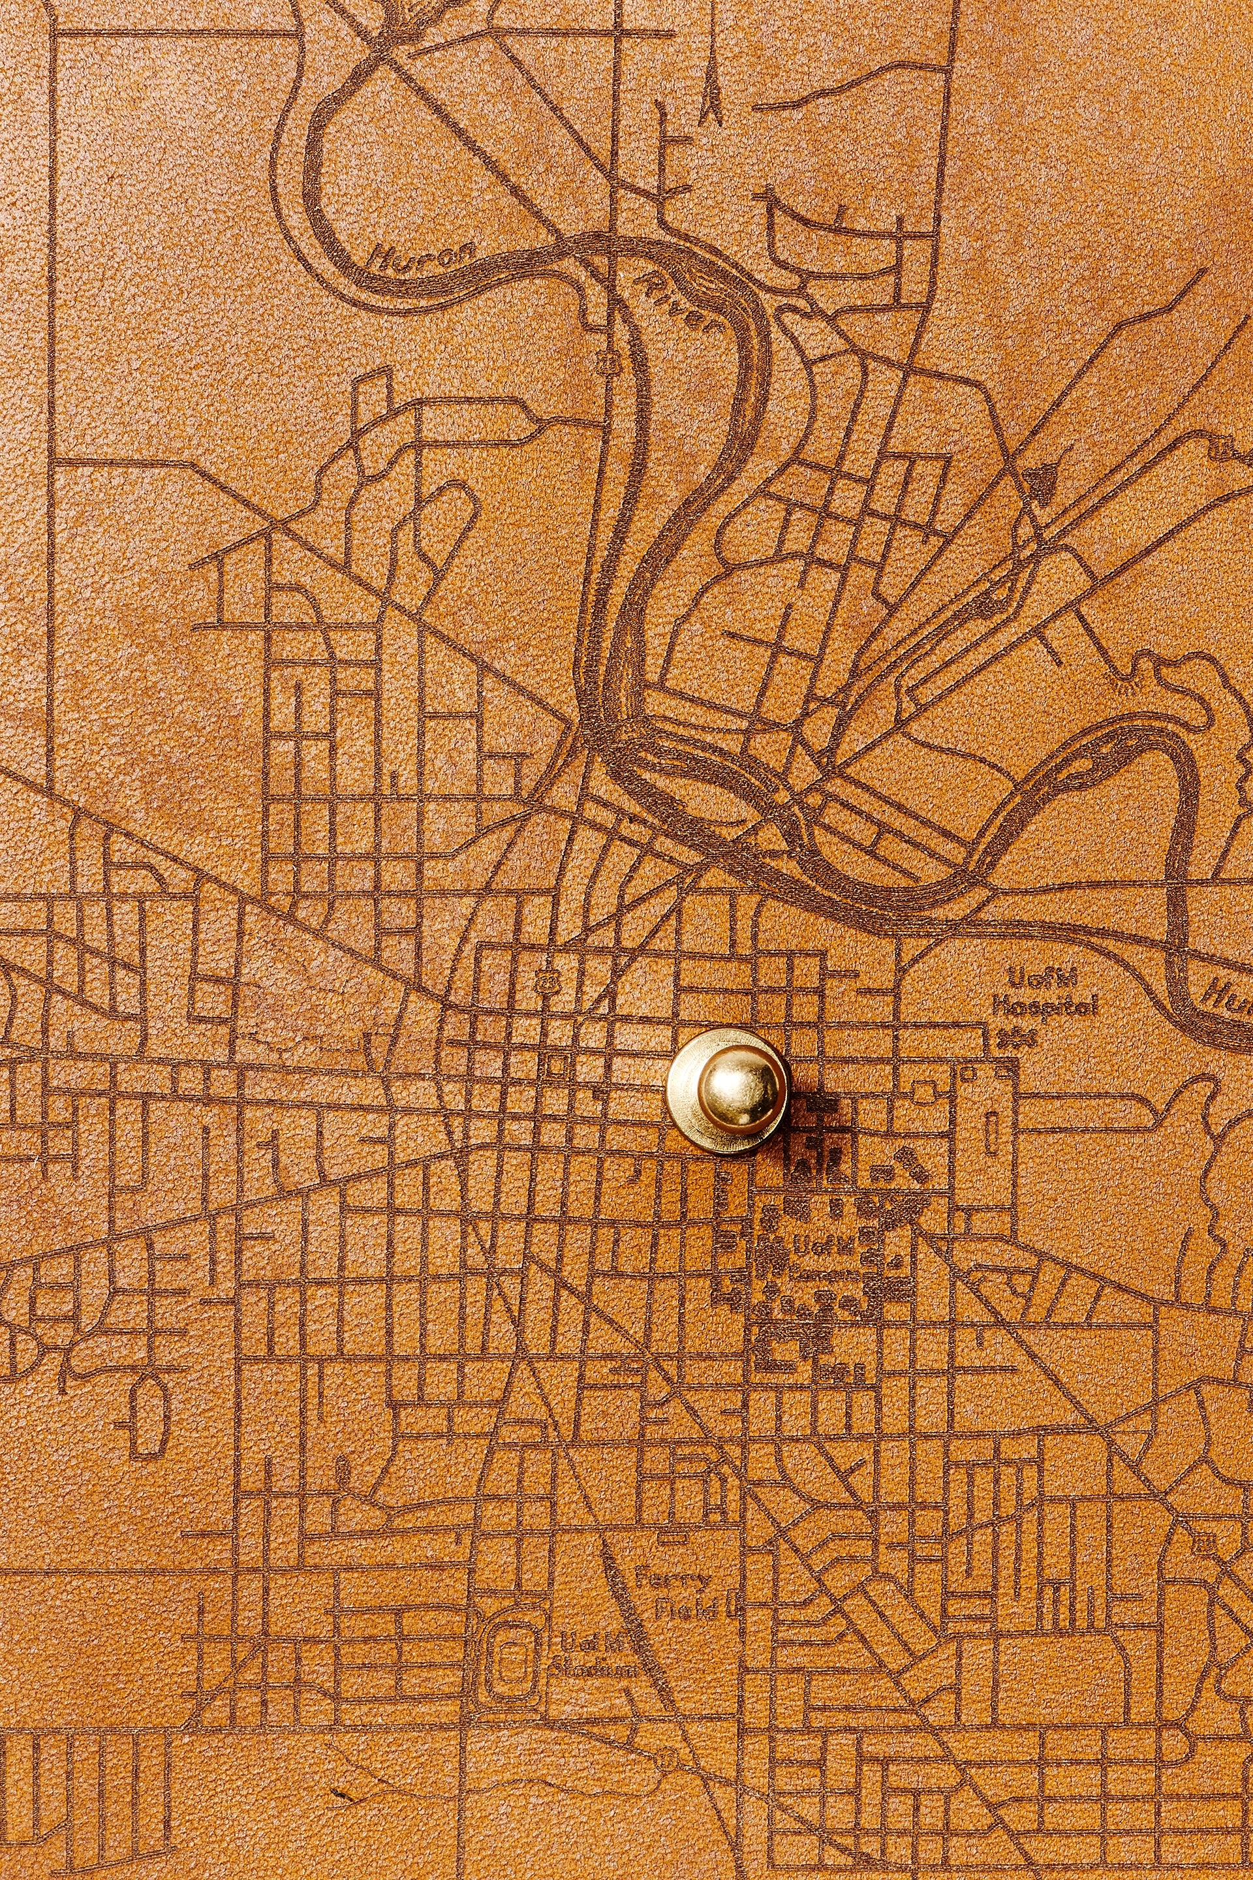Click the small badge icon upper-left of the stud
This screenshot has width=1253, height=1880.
click(548, 979)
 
